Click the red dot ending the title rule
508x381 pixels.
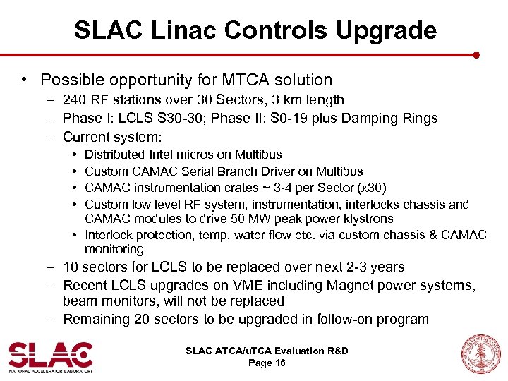coord(476,54)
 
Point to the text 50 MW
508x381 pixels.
coord(243,218)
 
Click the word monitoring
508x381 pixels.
coord(114,249)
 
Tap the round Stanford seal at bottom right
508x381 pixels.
coord(480,354)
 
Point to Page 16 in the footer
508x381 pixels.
coord(267,363)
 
